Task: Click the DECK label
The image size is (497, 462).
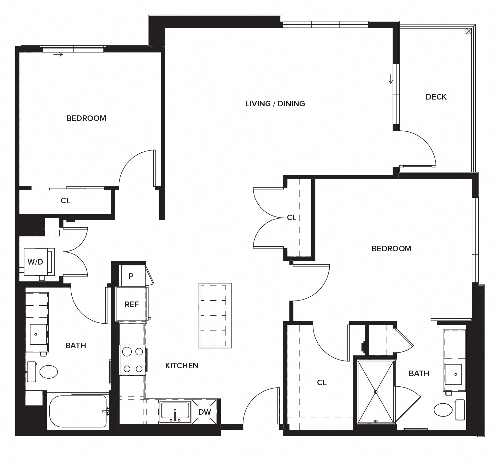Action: point(436,97)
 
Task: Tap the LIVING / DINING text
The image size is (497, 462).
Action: point(275,103)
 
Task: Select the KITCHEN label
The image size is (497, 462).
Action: point(182,365)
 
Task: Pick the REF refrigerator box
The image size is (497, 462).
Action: point(132,304)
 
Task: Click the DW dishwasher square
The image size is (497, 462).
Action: point(204,412)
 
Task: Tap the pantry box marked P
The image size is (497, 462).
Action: point(131,276)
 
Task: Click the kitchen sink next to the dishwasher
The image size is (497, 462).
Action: point(174,411)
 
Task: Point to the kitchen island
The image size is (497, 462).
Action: point(215,315)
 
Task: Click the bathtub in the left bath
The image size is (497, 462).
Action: point(78,411)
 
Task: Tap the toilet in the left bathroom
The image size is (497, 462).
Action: point(44,372)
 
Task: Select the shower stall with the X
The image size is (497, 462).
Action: point(376,392)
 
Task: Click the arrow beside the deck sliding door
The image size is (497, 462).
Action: point(391,78)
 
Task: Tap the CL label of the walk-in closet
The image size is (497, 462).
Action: point(322,383)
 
